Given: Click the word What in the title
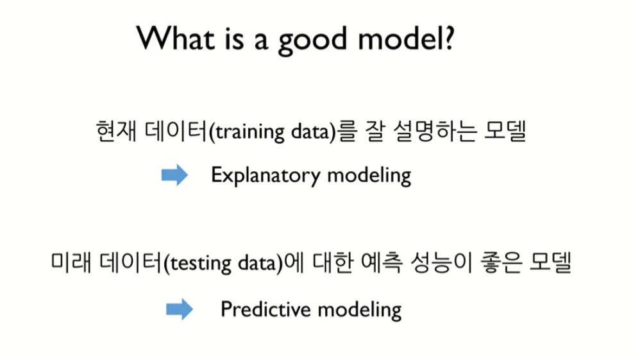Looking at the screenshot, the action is pyautogui.click(x=175, y=39).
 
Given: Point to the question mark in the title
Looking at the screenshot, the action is pyautogui.click(x=449, y=39).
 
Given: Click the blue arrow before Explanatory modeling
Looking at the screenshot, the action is pyautogui.click(x=174, y=175).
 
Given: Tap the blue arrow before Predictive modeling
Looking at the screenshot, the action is pyautogui.click(x=179, y=309).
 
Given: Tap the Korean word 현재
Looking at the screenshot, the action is pyautogui.click(x=116, y=131).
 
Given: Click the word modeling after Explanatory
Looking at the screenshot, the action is pyautogui.click(x=369, y=176).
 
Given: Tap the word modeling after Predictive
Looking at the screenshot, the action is pyautogui.click(x=359, y=311).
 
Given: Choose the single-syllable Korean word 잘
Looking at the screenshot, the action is pyautogui.click(x=375, y=131).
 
